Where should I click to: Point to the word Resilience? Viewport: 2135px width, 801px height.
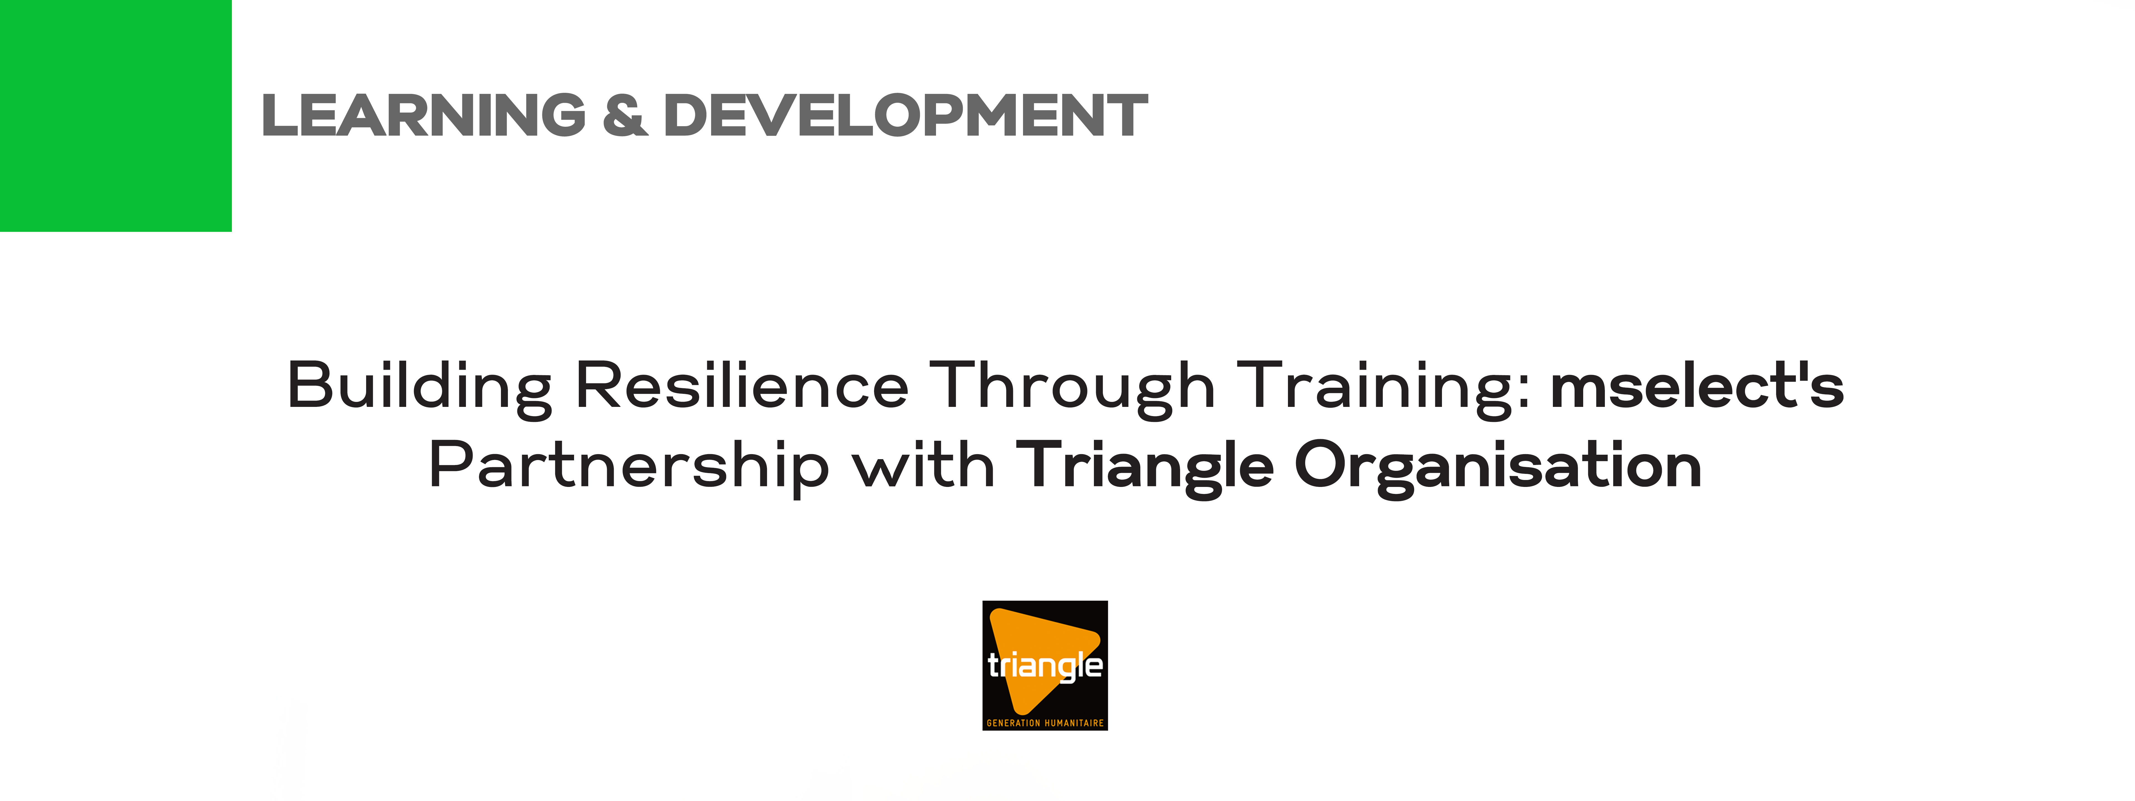(x=742, y=385)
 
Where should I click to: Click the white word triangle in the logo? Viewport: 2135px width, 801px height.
(x=1045, y=666)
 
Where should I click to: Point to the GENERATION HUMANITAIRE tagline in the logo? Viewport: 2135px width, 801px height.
(x=1045, y=723)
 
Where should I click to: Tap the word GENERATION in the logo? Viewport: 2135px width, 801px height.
(x=1013, y=723)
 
